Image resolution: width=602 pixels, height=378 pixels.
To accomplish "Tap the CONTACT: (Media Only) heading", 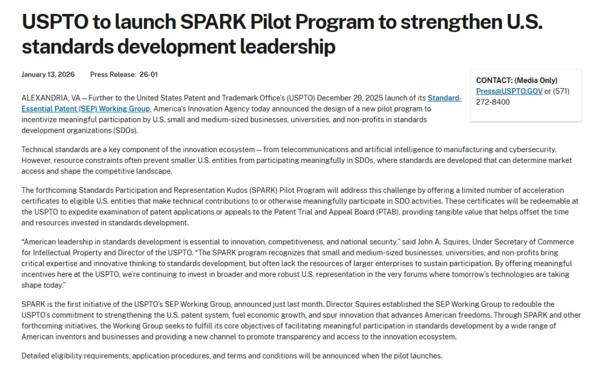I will pyautogui.click(x=517, y=80).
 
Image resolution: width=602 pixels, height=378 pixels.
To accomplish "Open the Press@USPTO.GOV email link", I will pyautogui.click(x=509, y=91).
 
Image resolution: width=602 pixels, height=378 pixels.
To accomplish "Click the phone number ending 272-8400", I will pyautogui.click(x=493, y=102).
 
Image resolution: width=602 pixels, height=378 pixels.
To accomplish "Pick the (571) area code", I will pyautogui.click(x=561, y=91).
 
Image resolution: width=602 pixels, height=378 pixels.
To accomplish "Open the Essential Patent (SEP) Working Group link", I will pyautogui.click(x=86, y=109).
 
